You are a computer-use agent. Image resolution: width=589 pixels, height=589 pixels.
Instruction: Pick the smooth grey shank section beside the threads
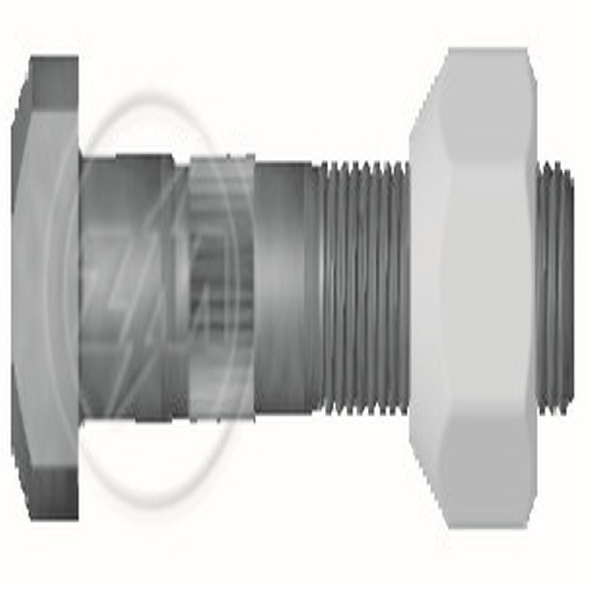pos(285,285)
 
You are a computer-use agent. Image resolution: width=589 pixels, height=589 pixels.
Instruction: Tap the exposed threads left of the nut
pos(363,285)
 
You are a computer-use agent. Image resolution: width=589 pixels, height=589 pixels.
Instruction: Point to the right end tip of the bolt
pos(573,285)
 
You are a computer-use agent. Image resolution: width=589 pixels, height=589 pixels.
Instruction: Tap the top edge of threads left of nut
pos(363,165)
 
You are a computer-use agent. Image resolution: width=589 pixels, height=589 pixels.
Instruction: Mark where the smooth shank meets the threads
pos(316,285)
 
